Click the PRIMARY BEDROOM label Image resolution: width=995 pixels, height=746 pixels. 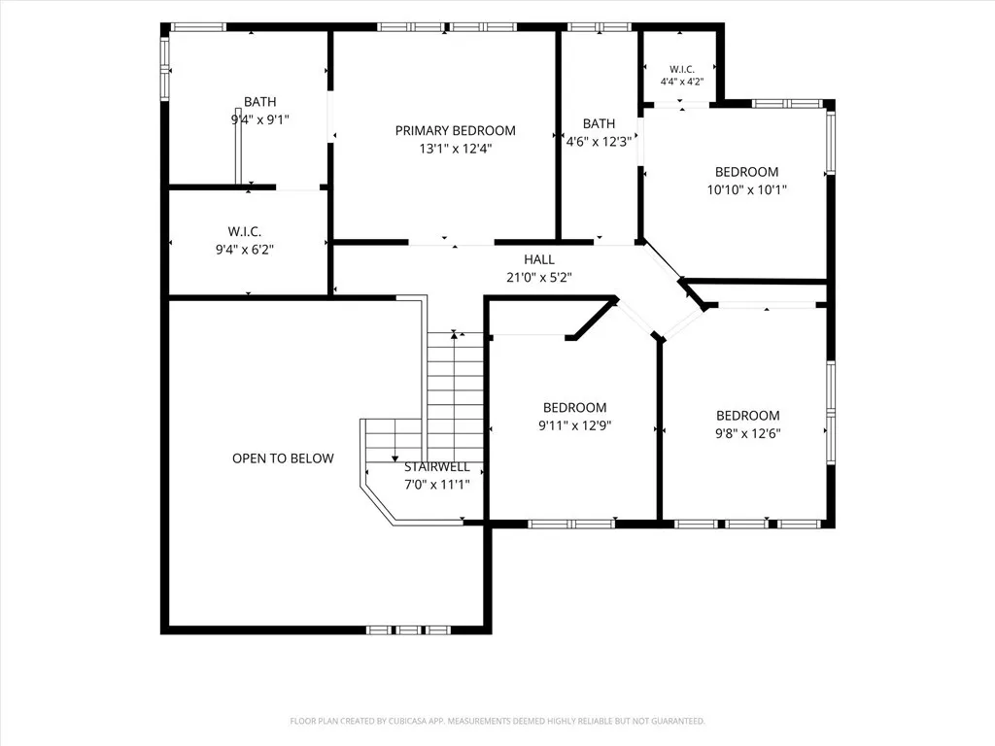(x=455, y=131)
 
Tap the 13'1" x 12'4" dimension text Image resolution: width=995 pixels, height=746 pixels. (x=456, y=149)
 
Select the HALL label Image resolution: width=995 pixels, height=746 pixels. (x=539, y=259)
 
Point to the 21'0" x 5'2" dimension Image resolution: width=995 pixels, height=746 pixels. (x=539, y=277)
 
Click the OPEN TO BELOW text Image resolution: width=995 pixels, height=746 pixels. (x=283, y=458)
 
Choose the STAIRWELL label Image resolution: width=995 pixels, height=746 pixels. (x=437, y=467)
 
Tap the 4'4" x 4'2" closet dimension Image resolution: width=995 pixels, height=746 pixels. (x=682, y=82)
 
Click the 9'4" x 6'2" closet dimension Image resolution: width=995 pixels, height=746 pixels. (x=245, y=250)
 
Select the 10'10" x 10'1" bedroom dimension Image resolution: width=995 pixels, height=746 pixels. (x=747, y=189)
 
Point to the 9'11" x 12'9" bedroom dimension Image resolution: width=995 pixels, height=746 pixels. (x=575, y=425)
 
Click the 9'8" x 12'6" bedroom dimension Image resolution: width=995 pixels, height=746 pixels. (x=748, y=434)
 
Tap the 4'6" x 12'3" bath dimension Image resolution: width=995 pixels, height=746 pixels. (x=599, y=142)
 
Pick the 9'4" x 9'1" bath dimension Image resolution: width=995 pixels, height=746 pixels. (x=260, y=119)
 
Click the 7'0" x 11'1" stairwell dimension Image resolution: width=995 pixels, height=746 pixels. (x=437, y=485)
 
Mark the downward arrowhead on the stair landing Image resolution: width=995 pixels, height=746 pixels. (x=395, y=458)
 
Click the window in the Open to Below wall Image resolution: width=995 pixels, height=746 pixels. (x=408, y=629)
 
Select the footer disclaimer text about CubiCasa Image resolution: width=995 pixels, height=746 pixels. (x=497, y=722)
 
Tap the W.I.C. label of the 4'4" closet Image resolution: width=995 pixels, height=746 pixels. (x=682, y=69)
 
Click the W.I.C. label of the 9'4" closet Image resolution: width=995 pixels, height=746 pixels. (x=245, y=232)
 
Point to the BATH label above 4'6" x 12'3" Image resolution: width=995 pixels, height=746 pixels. (x=599, y=123)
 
